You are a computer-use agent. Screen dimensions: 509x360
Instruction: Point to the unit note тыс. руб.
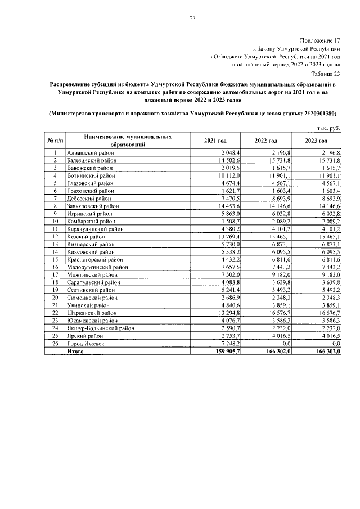329,128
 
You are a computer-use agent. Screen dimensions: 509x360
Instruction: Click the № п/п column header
55,140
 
